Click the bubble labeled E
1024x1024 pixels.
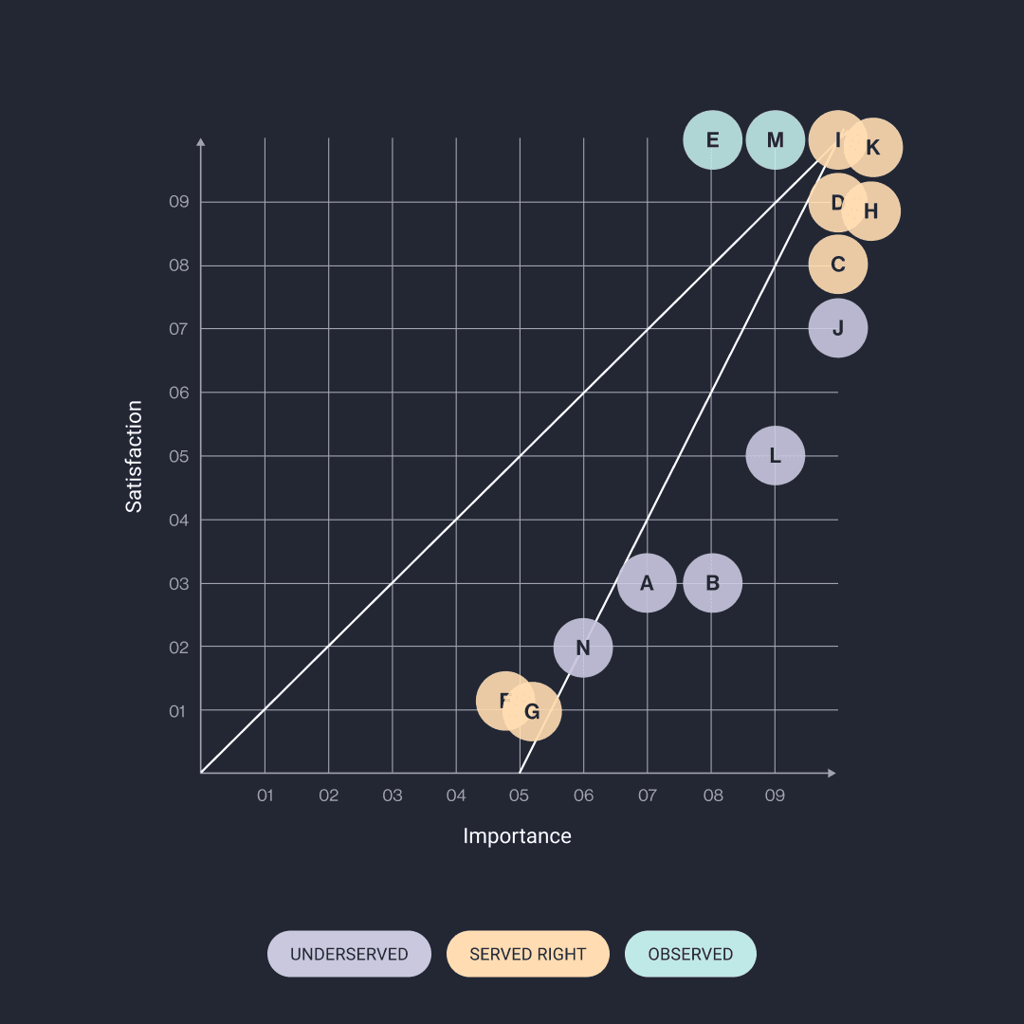click(712, 140)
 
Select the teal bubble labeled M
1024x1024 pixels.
click(776, 140)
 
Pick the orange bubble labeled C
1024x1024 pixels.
click(838, 265)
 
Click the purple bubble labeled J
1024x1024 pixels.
click(838, 329)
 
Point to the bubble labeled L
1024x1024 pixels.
click(776, 456)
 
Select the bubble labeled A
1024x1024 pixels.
click(647, 583)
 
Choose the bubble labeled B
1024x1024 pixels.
click(712, 583)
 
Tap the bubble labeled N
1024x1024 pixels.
click(583, 648)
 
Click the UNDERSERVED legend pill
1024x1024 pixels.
click(349, 954)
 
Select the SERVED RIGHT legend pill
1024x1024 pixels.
click(528, 954)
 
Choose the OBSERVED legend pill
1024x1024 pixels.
click(690, 954)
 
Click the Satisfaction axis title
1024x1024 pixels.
click(135, 456)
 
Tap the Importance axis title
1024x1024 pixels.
click(517, 836)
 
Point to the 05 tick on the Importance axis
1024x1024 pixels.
click(519, 795)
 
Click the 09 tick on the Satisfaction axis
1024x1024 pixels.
click(179, 202)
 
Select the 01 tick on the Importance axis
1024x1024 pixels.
click(265, 795)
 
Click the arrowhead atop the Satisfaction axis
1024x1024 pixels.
click(201, 141)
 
